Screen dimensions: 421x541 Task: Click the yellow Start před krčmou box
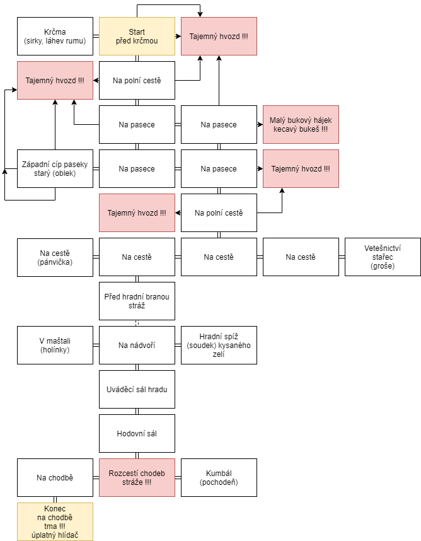[137, 36]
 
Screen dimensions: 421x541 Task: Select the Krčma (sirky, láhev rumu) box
[55, 36]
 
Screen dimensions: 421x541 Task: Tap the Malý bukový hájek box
[301, 125]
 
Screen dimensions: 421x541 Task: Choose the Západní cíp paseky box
[55, 169]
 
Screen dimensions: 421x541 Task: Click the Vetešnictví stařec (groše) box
[383, 257]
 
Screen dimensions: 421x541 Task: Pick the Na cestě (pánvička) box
[55, 257]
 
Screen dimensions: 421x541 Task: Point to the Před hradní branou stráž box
[137, 301]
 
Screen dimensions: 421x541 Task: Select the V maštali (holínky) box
[55, 346]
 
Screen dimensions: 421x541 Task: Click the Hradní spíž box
[219, 346]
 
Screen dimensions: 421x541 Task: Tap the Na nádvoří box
[137, 346]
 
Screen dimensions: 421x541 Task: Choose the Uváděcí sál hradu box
[137, 390]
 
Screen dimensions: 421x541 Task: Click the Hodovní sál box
[137, 434]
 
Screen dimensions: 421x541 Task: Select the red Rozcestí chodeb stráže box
[137, 478]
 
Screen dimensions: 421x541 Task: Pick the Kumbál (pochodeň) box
[219, 478]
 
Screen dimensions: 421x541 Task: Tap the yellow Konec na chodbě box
[55, 521]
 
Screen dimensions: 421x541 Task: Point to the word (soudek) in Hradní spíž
[199, 346]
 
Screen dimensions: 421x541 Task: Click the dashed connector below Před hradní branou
[137, 323]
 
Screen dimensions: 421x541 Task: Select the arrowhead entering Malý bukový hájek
[260, 125]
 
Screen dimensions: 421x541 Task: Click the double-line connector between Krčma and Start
[96, 36]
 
